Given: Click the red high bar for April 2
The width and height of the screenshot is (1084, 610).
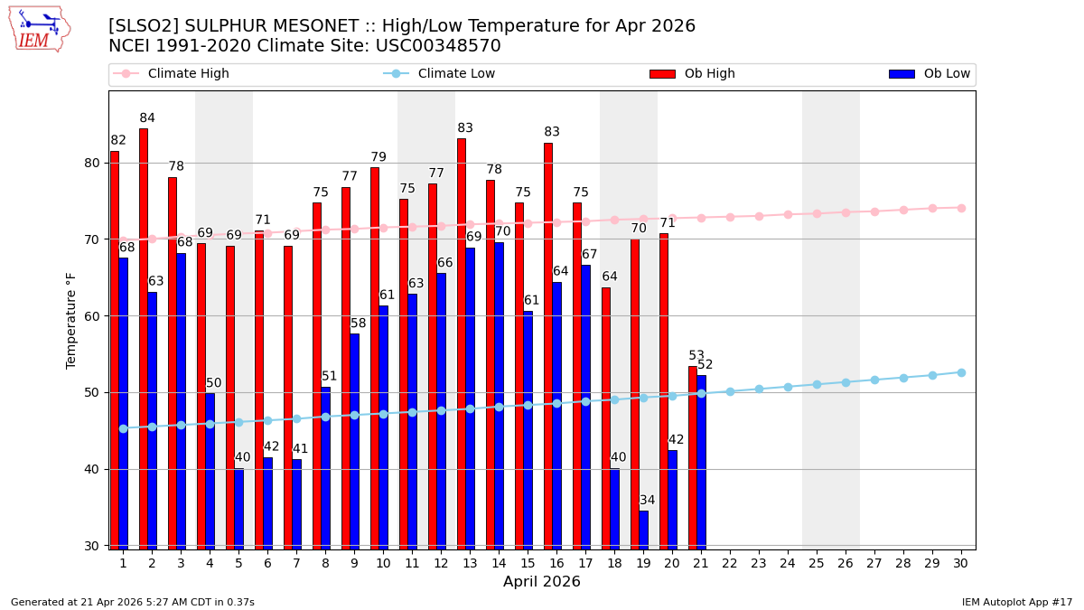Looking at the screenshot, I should coord(144,339).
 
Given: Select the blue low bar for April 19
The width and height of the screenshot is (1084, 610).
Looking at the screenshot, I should coord(643,530).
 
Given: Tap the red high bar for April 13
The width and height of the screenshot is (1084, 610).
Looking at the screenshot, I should coord(462,343).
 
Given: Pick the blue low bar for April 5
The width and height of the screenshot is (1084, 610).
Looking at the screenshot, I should coord(238,508).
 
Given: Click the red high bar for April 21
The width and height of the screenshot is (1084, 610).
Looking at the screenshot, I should coord(693,457).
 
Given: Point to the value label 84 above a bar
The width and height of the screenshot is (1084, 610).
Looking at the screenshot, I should coord(147,118).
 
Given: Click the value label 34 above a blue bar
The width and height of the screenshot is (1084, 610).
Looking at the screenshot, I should coord(647,501).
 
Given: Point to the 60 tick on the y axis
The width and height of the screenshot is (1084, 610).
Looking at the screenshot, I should coord(93,316).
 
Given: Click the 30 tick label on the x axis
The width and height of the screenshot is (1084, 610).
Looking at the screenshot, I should coord(961,563).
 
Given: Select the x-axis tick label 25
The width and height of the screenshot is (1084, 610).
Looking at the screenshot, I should coord(817,563).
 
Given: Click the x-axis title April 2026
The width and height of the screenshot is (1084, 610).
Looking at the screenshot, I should coord(542,582).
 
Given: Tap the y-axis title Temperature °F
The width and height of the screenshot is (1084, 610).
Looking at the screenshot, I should coord(71,320).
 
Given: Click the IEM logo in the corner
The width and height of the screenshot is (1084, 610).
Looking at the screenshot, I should coord(39,29).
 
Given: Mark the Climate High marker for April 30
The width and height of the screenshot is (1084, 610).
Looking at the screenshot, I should coord(961,208).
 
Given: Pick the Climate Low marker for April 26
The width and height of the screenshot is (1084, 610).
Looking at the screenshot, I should coord(846,382).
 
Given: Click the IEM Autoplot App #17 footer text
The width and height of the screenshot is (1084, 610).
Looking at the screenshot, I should coord(1016,602).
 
